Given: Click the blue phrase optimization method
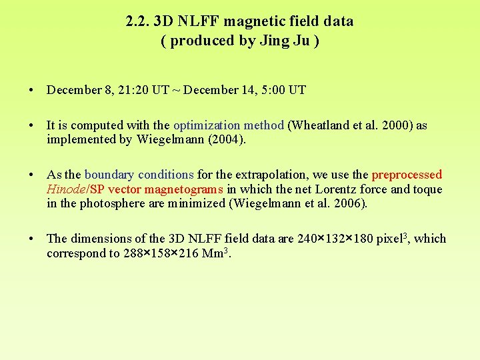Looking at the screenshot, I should click(x=229, y=125).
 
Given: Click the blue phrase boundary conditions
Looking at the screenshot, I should click(x=139, y=175).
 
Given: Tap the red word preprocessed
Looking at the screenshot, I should click(x=407, y=175).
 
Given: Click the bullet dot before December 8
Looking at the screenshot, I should click(x=32, y=90).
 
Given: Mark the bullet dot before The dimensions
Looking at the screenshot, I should click(x=32, y=239).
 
